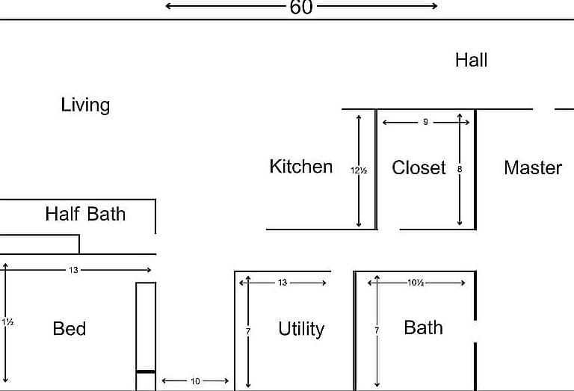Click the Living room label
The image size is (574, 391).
point(85,105)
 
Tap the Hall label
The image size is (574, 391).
point(471,60)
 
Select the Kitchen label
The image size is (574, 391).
point(301,167)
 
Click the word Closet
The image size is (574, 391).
point(419,167)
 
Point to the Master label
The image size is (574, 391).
point(533,167)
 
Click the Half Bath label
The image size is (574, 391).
point(85,214)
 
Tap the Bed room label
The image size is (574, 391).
point(70,328)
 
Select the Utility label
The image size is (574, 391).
point(301,329)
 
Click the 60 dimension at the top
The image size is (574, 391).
point(301,7)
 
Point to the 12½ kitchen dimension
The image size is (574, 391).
point(359,170)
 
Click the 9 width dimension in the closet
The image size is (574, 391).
point(425,122)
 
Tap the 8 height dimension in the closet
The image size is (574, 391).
point(460,169)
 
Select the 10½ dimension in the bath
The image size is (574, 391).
point(416,283)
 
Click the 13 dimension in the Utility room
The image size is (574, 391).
point(283,283)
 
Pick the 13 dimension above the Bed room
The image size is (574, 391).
point(73,270)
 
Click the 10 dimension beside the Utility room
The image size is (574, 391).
point(195,381)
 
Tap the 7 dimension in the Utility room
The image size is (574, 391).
point(248,331)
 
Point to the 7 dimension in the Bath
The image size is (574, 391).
point(377,330)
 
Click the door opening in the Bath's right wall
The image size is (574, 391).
point(475,331)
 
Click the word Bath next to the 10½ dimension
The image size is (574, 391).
point(424,327)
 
